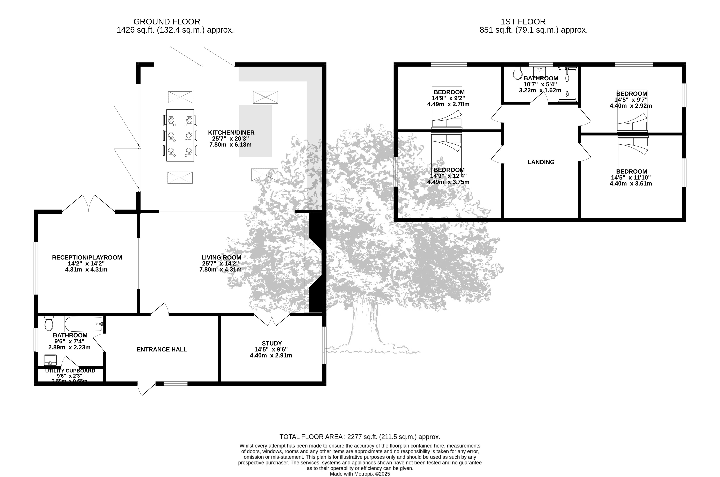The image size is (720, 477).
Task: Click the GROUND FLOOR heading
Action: pyautogui.click(x=167, y=22)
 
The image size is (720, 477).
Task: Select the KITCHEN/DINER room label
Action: pyautogui.click(x=231, y=133)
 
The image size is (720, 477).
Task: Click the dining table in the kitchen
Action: pyautogui.click(x=180, y=135)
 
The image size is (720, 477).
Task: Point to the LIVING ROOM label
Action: pyautogui.click(x=221, y=257)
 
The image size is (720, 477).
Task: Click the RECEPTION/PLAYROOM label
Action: pyautogui.click(x=87, y=257)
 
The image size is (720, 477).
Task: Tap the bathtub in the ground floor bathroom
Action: pyautogui.click(x=84, y=324)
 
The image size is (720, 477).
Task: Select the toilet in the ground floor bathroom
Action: pyautogui.click(x=49, y=323)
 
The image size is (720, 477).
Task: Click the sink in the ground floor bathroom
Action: pyautogui.click(x=50, y=360)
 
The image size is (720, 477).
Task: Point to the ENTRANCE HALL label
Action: pyautogui.click(x=162, y=350)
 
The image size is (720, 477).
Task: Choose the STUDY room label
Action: pyautogui.click(x=272, y=343)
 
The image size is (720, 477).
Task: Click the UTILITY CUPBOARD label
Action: pyautogui.click(x=70, y=371)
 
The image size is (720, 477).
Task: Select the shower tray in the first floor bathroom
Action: pyautogui.click(x=567, y=84)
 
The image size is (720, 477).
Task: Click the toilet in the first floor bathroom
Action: pyautogui.click(x=518, y=73)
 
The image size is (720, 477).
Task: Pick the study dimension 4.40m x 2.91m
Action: pyautogui.click(x=271, y=355)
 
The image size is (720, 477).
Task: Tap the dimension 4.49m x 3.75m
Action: pyautogui.click(x=448, y=182)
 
